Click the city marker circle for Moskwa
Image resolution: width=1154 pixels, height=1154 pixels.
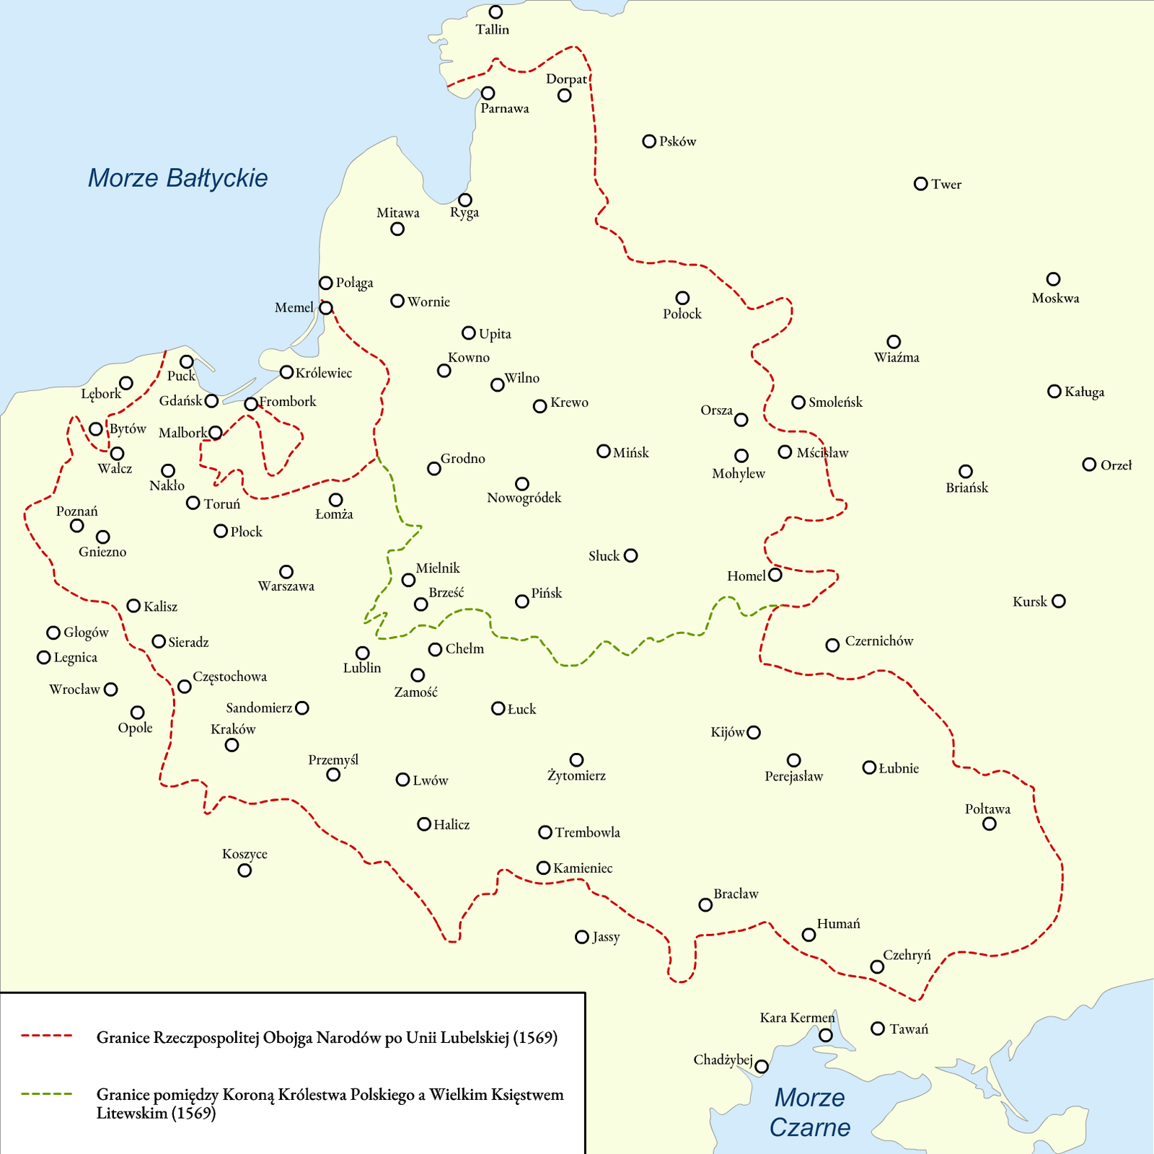[1053, 279]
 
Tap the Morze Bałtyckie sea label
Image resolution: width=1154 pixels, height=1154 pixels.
[177, 178]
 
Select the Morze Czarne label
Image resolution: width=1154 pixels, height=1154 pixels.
[809, 1112]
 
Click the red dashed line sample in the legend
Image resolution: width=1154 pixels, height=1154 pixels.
[47, 1036]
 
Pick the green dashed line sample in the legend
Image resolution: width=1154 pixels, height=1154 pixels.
[47, 1093]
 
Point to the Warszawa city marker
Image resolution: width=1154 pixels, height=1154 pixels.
[286, 572]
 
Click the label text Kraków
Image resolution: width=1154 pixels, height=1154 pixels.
[233, 729]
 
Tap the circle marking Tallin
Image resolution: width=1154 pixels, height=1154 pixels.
[495, 12]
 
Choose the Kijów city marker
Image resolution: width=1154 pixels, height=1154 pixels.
[754, 733]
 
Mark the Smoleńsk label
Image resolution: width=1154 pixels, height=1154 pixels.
[835, 402]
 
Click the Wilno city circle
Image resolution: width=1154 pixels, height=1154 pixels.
[498, 385]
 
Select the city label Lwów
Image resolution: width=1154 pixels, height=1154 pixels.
[431, 780]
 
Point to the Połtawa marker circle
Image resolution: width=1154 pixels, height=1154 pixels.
[990, 824]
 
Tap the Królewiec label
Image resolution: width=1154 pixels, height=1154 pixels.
[324, 373]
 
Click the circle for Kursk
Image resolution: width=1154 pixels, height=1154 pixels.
[1059, 602]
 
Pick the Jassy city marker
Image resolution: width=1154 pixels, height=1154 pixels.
[582, 937]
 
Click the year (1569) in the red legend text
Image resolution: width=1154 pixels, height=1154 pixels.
[535, 1038]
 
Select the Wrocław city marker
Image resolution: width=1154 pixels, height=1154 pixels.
[111, 690]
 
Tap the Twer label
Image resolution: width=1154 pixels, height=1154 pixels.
[946, 185]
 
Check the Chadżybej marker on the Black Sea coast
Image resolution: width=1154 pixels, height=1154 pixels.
[762, 1067]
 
